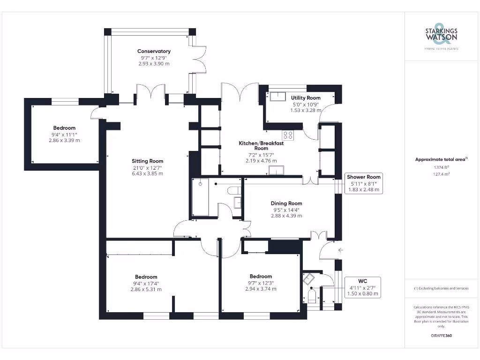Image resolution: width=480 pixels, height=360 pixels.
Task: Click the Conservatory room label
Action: click(x=154, y=51)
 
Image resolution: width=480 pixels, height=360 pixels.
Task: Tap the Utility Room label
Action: click(x=306, y=97)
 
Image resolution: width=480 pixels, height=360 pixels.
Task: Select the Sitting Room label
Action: click(x=147, y=161)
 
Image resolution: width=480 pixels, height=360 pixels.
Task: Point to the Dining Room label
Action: click(x=286, y=203)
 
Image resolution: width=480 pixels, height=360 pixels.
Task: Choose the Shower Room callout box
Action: click(x=364, y=183)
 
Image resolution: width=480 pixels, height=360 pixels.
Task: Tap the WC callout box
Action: click(x=362, y=287)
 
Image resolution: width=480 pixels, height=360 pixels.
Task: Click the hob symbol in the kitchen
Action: click(x=288, y=135)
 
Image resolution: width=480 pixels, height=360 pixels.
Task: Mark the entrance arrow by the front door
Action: click(x=340, y=250)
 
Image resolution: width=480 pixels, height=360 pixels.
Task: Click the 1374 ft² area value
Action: click(x=441, y=167)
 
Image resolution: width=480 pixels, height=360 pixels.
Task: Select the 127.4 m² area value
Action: click(x=441, y=174)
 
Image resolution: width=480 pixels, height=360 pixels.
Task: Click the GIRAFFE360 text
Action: click(x=441, y=336)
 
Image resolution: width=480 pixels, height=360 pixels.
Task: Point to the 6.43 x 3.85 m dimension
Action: click(x=147, y=173)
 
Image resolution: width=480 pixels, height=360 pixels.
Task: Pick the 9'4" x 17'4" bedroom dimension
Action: click(x=146, y=283)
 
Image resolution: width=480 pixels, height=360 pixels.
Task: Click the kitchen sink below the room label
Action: click(x=277, y=170)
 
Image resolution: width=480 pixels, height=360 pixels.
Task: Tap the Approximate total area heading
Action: click(x=441, y=159)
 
